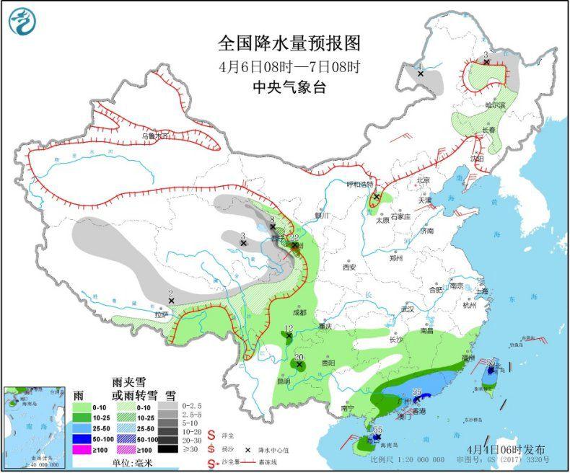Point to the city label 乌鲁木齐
pos(154,135)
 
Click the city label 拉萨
pos(160,314)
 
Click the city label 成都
pos(299,312)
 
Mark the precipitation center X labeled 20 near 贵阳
pos(299,365)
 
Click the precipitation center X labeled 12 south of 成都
pos(288,335)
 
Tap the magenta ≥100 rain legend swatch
pos(82,451)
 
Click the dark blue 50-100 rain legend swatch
pos(82,438)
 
